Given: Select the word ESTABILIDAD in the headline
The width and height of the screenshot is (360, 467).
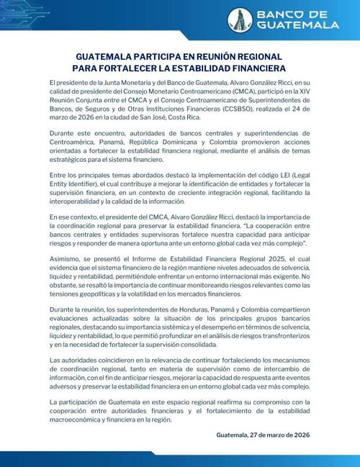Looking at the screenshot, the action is click(225, 68).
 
